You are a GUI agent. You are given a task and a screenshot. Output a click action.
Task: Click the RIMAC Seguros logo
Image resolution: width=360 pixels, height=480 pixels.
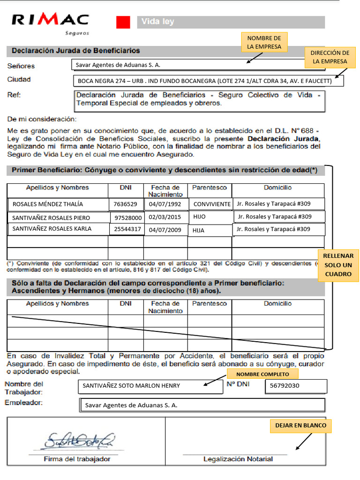(x=50, y=22)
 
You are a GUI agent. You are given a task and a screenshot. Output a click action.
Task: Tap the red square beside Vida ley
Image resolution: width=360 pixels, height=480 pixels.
(x=123, y=22)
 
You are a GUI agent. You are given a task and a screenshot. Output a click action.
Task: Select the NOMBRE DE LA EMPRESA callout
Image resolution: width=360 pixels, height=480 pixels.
(x=264, y=42)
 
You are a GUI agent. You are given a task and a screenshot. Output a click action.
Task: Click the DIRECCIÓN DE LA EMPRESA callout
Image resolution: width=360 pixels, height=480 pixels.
(x=330, y=57)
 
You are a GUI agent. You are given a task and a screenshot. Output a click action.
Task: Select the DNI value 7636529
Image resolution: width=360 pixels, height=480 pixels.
(x=125, y=204)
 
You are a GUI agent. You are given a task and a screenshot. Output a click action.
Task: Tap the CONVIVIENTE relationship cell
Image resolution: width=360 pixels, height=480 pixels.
(x=211, y=204)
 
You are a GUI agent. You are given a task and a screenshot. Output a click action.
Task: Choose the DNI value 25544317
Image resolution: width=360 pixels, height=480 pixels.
(x=127, y=230)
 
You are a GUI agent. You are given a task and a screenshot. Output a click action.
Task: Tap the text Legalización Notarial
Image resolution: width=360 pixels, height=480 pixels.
(x=238, y=459)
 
